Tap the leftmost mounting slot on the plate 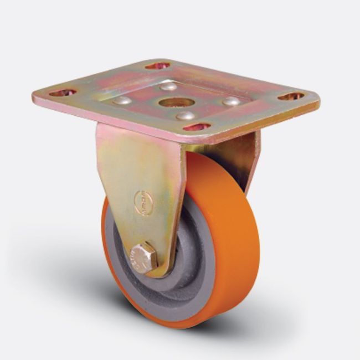(63, 92)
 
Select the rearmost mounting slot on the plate (158, 66)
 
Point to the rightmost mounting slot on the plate (291, 96)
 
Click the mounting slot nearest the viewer (197, 127)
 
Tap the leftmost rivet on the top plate (122, 100)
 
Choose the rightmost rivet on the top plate (232, 102)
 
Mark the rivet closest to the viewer (186, 116)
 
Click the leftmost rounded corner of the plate (37, 99)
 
